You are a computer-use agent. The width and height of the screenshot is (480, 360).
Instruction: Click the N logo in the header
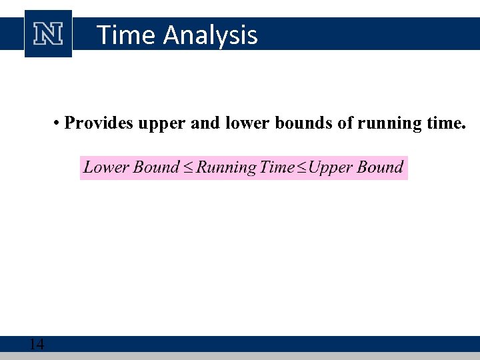tap(48, 33)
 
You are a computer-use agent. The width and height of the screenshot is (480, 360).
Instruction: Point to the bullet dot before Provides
tap(58, 123)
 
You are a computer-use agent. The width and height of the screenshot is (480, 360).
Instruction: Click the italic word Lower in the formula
tap(106, 167)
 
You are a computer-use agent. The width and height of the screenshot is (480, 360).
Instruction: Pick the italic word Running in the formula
tap(226, 168)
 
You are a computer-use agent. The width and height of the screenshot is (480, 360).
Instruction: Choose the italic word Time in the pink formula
tap(277, 167)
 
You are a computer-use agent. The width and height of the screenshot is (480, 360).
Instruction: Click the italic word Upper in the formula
tap(330, 168)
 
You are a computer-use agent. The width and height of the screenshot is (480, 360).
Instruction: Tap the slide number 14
tap(37, 344)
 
